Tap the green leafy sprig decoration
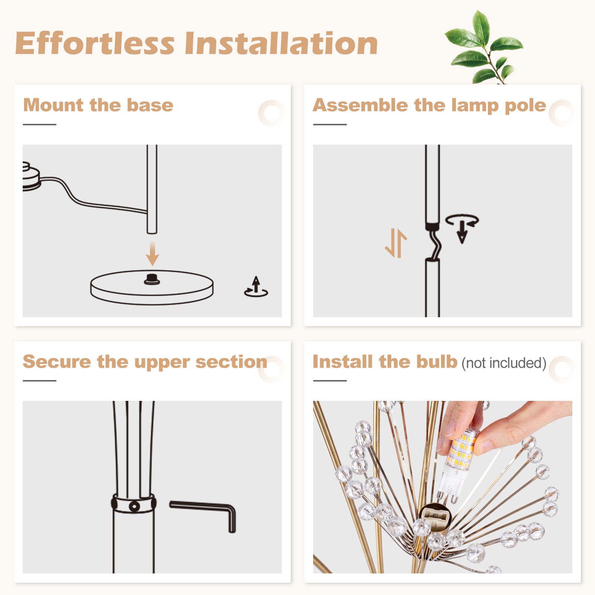click(x=484, y=47)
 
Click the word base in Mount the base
click(x=150, y=105)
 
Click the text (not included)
click(x=504, y=363)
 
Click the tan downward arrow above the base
click(x=152, y=253)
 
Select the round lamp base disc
click(x=152, y=287)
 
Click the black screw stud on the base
click(x=152, y=279)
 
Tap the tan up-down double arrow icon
click(x=396, y=243)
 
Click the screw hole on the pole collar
click(x=134, y=506)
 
